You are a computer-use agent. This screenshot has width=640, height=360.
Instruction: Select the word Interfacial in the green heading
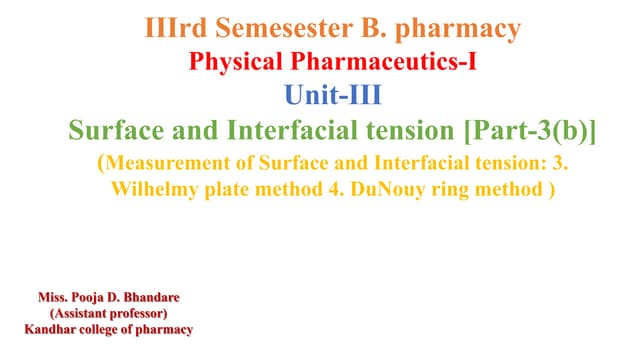pos(257,130)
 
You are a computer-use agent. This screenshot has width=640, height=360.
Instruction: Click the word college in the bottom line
pos(110,328)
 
